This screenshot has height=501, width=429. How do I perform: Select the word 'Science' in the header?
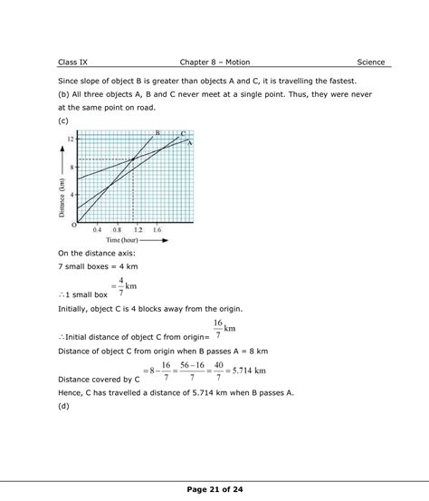tap(371, 62)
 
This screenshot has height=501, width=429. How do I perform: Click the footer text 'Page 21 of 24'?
tap(214, 488)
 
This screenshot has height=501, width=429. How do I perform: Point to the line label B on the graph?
tap(157, 133)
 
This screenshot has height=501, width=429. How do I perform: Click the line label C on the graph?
tap(183, 135)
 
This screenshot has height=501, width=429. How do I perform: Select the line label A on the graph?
tap(190, 142)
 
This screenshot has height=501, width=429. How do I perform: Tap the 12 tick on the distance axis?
tap(71, 139)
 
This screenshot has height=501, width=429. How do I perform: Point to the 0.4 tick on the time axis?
tap(97, 230)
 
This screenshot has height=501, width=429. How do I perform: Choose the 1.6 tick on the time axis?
tap(157, 230)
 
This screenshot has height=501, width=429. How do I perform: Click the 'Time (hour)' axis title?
tap(125, 240)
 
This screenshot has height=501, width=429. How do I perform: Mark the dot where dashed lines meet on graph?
tap(134, 159)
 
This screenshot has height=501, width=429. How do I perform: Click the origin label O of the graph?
tap(73, 224)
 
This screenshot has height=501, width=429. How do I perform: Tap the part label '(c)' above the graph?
tap(63, 120)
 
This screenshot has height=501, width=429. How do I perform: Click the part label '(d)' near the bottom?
tap(63, 405)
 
